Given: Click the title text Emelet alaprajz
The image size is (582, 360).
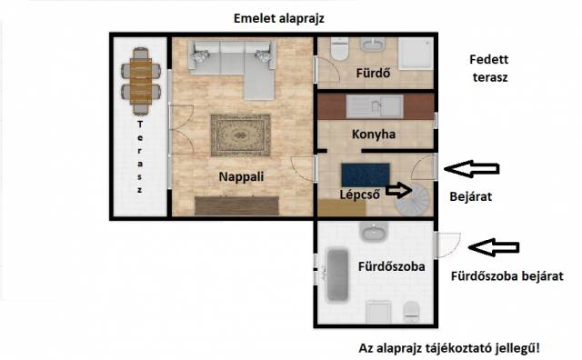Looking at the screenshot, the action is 279,18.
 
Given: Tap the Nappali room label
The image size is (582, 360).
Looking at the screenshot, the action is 241,176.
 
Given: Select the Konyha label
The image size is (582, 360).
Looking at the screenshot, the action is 374,134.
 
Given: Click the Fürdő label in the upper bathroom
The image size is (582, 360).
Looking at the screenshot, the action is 373,73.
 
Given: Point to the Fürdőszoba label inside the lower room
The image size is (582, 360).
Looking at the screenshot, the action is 392,266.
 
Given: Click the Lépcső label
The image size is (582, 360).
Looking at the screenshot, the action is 360,195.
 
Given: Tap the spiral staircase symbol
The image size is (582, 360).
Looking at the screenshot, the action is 413,199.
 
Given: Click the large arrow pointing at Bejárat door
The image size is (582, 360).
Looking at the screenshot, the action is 471,169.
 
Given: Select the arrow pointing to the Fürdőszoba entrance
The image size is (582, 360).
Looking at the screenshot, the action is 494,247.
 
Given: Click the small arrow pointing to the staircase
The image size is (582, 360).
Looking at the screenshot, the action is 399,190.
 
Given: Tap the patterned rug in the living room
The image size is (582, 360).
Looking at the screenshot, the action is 240,135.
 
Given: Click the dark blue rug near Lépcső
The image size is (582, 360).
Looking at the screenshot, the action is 366,175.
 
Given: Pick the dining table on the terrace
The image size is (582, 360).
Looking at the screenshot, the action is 141,81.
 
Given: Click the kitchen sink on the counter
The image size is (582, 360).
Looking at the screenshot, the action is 375,106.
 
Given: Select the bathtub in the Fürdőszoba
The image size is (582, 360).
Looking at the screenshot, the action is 337,275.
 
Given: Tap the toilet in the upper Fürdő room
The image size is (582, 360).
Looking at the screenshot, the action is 339,49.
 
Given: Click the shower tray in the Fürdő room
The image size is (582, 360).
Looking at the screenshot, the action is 416,53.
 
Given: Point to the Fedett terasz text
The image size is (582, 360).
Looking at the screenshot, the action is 489,68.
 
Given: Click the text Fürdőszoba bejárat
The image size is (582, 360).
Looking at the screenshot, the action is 507,275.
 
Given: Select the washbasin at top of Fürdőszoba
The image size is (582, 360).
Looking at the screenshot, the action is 374,231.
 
